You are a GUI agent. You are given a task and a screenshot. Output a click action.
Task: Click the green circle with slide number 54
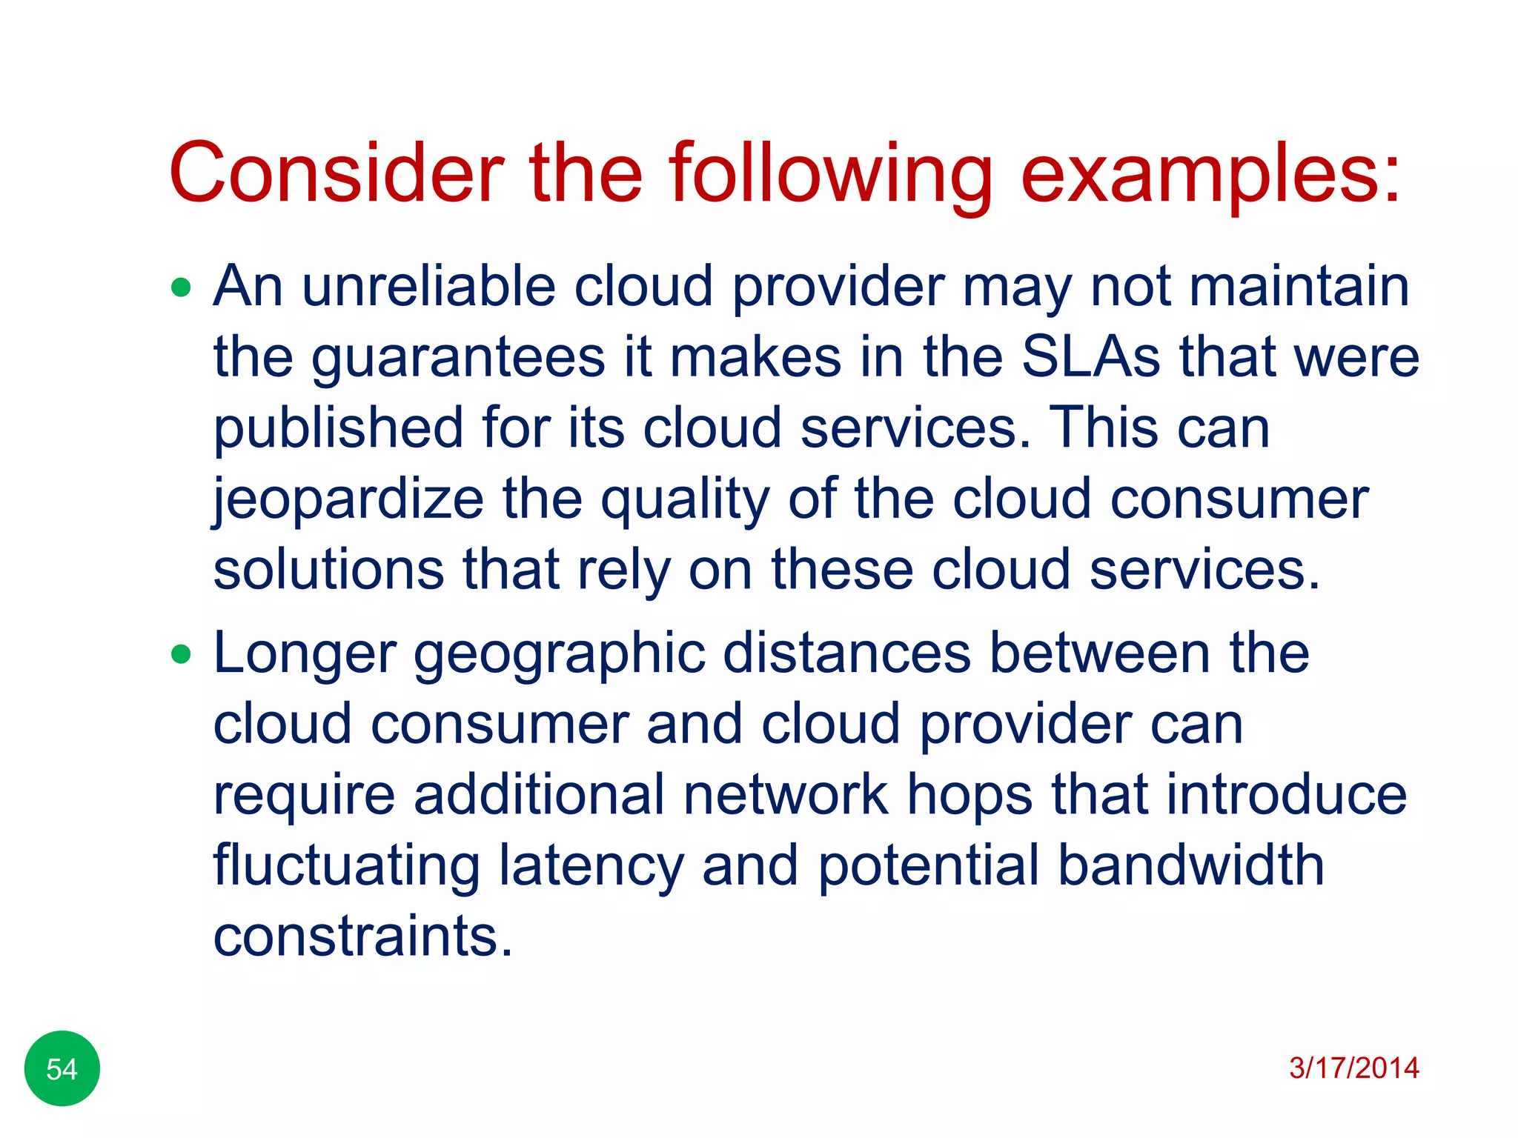tap(62, 1068)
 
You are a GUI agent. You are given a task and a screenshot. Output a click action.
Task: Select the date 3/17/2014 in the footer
tap(1353, 1068)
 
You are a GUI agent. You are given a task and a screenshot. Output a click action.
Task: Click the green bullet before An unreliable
tap(181, 287)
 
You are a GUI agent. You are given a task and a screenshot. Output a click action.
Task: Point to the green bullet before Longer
tap(181, 654)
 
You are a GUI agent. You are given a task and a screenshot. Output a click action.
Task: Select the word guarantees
tap(457, 359)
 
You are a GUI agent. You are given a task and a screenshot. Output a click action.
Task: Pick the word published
tap(338, 428)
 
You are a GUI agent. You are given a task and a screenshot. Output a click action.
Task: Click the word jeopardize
tap(348, 499)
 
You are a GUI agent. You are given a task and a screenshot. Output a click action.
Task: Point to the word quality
tap(685, 499)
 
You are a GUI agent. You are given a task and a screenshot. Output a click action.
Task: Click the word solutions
tap(328, 570)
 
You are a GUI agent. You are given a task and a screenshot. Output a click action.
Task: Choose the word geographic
tap(559, 654)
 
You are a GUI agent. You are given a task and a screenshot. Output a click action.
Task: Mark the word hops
tap(970, 796)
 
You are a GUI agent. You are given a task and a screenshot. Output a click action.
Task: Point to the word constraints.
tap(362, 936)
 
